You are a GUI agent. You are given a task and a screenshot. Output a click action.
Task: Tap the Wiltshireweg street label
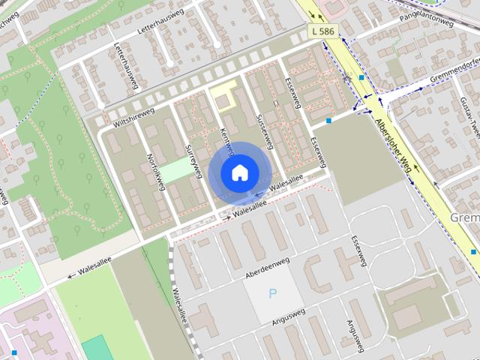134,116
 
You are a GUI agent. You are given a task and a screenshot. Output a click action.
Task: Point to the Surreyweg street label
193,160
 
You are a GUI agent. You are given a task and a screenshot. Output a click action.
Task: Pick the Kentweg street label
225,139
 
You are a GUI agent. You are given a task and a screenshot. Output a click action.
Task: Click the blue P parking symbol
273,294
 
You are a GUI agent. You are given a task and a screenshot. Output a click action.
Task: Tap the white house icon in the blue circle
239,172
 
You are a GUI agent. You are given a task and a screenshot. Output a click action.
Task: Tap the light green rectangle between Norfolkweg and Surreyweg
178,169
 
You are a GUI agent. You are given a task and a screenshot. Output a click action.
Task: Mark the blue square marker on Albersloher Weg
361,77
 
